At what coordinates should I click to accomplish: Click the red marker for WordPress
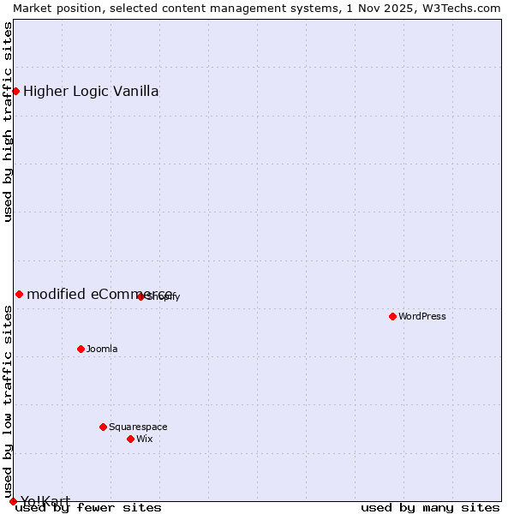point(392,316)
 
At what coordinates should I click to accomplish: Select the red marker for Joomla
point(81,349)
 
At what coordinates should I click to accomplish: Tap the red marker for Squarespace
point(103,427)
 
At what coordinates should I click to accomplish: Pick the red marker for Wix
point(130,439)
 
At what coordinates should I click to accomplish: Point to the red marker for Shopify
point(140,296)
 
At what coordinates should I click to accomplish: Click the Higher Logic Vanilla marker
point(15,91)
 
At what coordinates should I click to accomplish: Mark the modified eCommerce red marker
point(19,294)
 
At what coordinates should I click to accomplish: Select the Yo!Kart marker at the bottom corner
point(13,501)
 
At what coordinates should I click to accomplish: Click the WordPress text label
point(421,316)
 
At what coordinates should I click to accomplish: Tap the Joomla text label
point(102,349)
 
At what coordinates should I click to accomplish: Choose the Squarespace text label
point(138,427)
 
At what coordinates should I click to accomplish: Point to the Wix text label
point(144,439)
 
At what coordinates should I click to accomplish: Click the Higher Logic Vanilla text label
point(91,92)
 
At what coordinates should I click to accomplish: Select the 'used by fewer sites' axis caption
point(88,508)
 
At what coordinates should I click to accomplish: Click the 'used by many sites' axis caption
point(430,508)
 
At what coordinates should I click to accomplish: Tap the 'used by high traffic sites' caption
point(9,122)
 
